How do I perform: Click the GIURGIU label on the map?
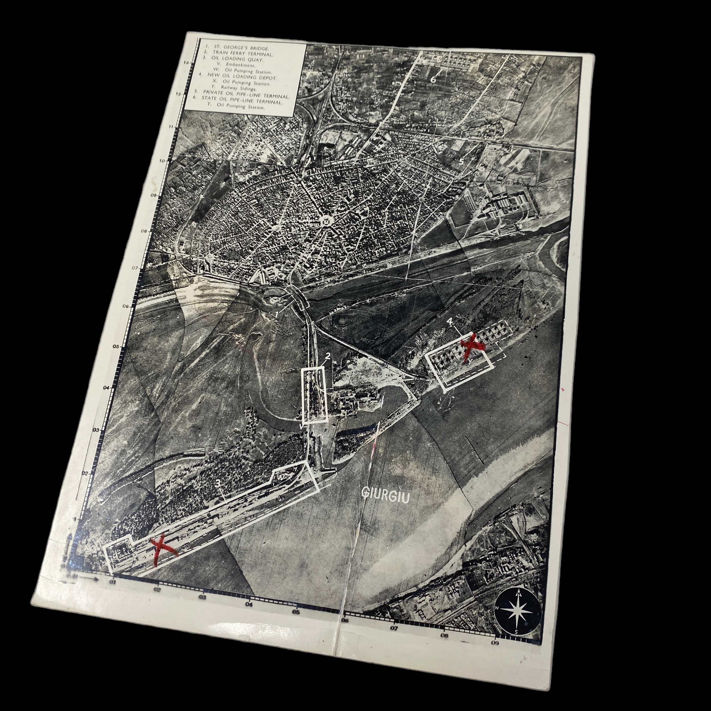pyautogui.click(x=385, y=494)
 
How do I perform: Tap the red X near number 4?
pyautogui.click(x=472, y=345)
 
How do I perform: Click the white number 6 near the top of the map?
pyautogui.click(x=433, y=78)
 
